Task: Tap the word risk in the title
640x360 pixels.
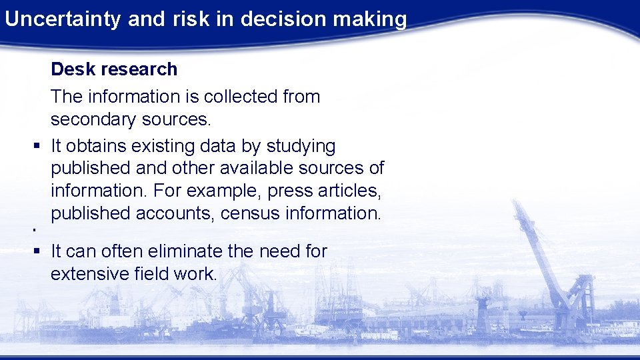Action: [189, 19]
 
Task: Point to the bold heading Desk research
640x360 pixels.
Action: [114, 69]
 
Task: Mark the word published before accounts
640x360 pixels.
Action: [91, 213]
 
